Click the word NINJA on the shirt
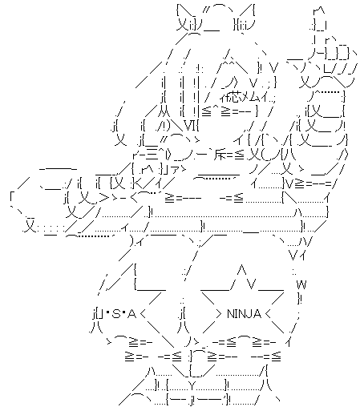point(244,313)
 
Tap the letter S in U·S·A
point(116,314)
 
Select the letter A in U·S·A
point(131,314)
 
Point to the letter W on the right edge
point(301,284)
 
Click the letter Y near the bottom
point(193,385)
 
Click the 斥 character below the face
point(220,155)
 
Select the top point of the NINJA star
point(241,265)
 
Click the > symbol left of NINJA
point(218,314)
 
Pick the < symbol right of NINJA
point(268,314)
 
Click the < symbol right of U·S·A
point(143,314)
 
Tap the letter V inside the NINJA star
point(252,284)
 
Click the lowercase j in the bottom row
point(192,401)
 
